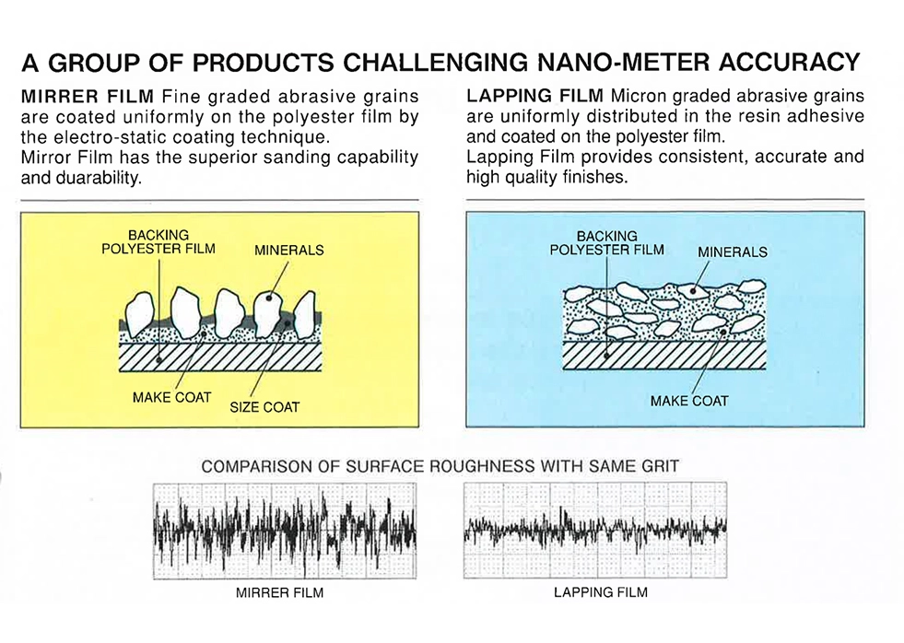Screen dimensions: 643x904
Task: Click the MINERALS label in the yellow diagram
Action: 288,250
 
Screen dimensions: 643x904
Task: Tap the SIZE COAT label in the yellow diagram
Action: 264,406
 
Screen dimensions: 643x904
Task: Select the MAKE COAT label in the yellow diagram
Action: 172,397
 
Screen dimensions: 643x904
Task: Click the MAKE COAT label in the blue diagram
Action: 689,401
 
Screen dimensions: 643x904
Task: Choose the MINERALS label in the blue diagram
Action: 733,251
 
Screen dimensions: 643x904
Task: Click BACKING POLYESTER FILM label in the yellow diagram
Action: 158,242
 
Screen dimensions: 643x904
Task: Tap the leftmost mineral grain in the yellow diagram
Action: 141,312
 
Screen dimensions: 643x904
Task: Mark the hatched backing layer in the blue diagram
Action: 663,355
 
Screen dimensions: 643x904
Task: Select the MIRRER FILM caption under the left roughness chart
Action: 280,592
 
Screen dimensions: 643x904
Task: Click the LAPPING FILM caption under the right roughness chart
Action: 600,591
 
